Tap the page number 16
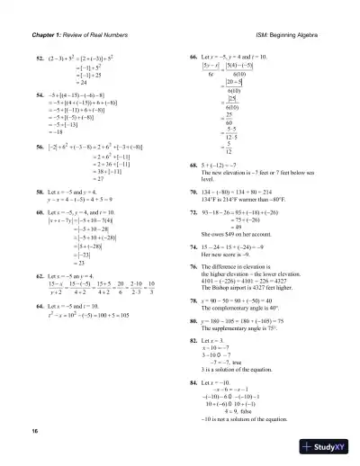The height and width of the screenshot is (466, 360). [x=33, y=433]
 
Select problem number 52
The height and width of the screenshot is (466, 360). [x=40, y=58]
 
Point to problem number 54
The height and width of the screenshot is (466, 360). [x=40, y=93]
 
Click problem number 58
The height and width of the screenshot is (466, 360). [x=40, y=192]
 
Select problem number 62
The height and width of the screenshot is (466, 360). [x=40, y=276]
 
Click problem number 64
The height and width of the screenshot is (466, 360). [x=40, y=306]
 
